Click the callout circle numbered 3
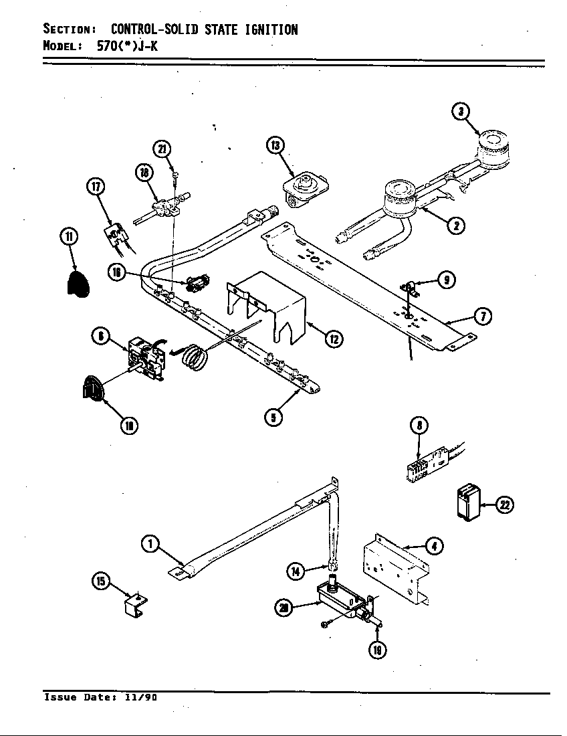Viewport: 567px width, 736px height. click(x=461, y=112)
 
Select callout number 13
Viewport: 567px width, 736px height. click(x=275, y=146)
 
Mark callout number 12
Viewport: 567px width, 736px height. click(x=333, y=339)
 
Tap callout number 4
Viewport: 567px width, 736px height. click(x=434, y=547)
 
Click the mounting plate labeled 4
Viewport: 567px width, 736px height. click(x=393, y=568)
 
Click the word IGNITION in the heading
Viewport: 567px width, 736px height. click(x=266, y=29)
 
